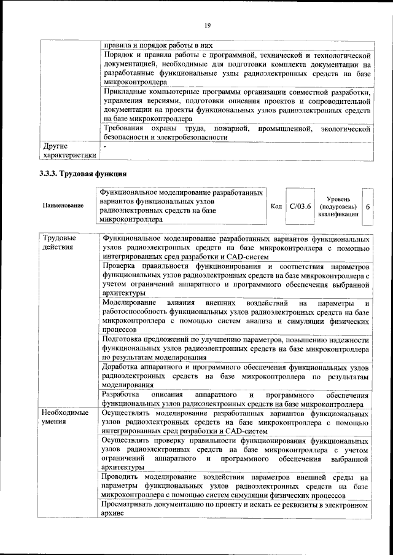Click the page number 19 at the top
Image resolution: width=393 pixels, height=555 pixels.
click(x=207, y=25)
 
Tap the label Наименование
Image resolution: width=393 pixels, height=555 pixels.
click(x=63, y=205)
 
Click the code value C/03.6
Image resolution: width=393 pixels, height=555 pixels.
click(x=300, y=206)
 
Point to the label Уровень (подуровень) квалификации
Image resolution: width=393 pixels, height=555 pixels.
click(x=338, y=207)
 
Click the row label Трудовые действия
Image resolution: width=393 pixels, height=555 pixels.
click(x=60, y=242)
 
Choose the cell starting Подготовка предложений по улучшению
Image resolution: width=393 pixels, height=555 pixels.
click(x=236, y=348)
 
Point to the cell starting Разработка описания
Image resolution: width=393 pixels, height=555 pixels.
click(x=236, y=398)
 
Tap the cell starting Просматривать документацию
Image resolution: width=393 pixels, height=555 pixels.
click(x=236, y=509)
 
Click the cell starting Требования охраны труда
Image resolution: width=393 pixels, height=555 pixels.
click(x=236, y=133)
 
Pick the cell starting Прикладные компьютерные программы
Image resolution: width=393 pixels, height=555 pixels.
click(x=236, y=105)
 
